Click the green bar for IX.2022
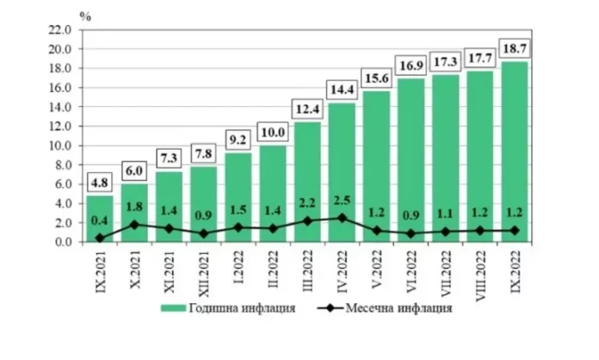[515, 151]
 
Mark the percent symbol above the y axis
[83, 15]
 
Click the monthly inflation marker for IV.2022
[343, 218]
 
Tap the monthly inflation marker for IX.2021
[101, 238]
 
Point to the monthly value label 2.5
[343, 202]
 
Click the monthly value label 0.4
[101, 222]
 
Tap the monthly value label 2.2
[307, 205]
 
